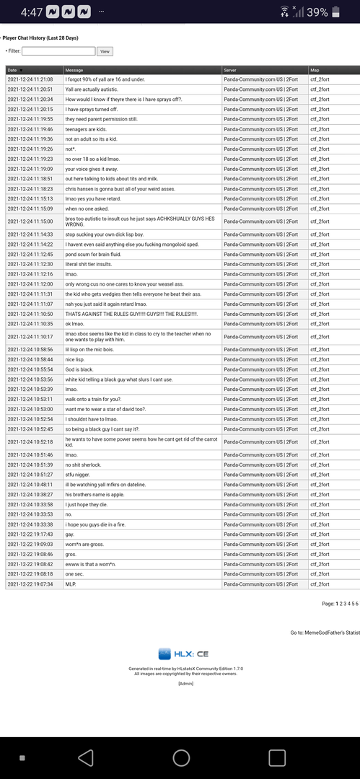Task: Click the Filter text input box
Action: (x=58, y=51)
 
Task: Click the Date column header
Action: (x=13, y=70)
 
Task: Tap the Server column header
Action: (x=231, y=70)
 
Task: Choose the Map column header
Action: (x=314, y=70)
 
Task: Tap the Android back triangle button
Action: (x=85, y=757)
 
